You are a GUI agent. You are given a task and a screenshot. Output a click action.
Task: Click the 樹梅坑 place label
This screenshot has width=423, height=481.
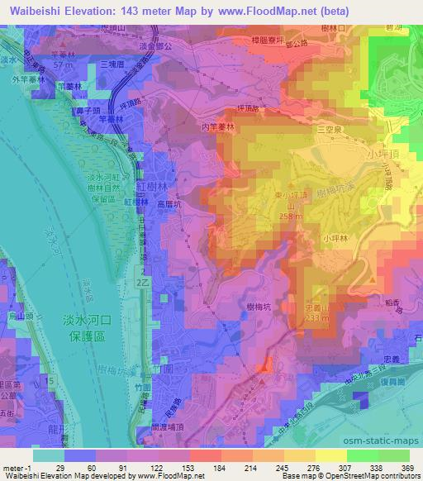(263, 307)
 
